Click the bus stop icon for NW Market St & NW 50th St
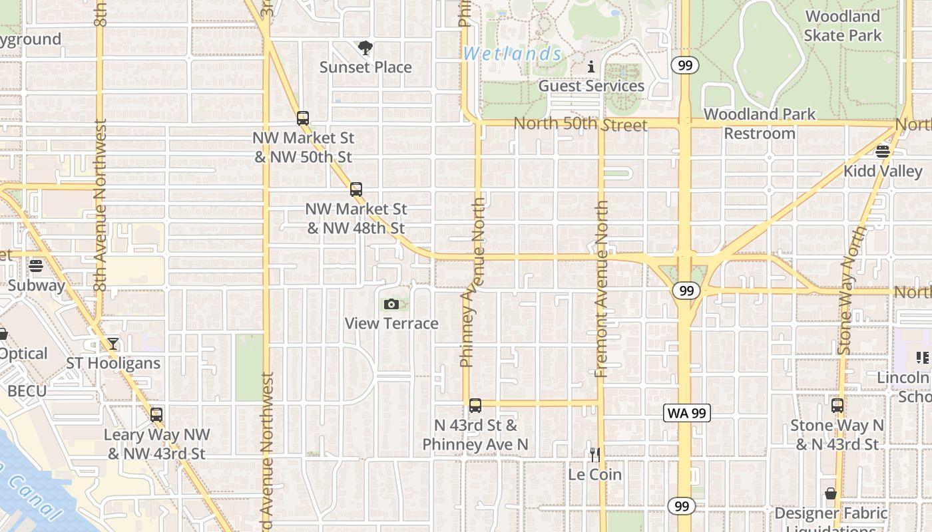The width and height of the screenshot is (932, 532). [303, 118]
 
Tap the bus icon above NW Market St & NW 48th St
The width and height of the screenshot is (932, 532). [356, 190]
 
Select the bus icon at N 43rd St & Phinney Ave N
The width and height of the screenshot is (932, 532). [475, 406]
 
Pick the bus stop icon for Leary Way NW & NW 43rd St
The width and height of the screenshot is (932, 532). [156, 415]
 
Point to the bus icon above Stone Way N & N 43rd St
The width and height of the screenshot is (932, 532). [837, 406]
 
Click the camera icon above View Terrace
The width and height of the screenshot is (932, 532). [391, 305]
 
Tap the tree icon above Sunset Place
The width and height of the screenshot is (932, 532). [365, 48]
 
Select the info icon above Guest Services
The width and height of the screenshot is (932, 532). [591, 66]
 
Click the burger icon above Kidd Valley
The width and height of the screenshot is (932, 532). [883, 152]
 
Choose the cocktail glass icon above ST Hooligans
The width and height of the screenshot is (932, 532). [113, 344]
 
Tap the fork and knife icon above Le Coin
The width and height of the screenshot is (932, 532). [595, 455]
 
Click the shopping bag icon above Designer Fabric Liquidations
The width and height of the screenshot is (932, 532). [830, 493]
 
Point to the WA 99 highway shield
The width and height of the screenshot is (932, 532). [687, 413]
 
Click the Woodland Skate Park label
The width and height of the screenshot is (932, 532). [842, 26]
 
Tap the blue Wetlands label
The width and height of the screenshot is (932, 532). [513, 54]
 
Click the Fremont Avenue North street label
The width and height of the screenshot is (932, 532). [602, 289]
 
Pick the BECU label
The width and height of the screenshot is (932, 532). [27, 390]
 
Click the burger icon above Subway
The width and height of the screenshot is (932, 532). [36, 266]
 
